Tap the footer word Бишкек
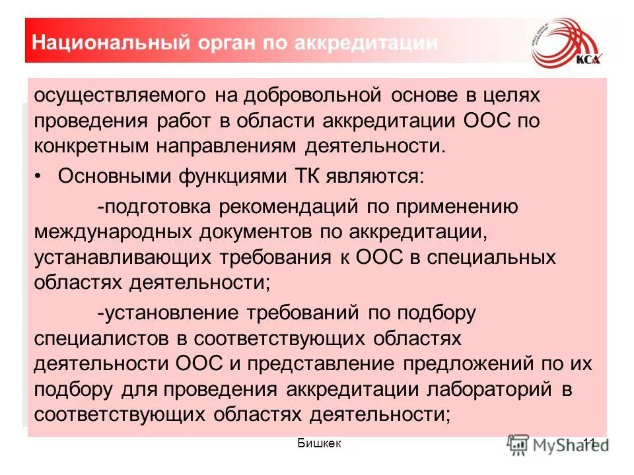320,443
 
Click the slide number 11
589,443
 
